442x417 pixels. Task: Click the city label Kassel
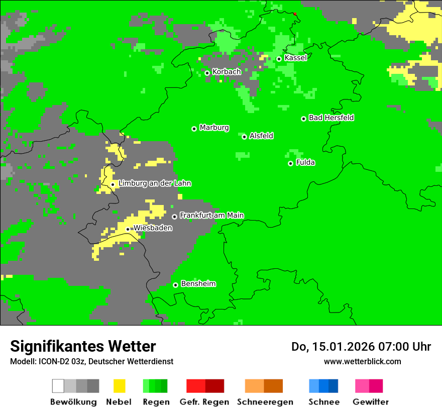[295, 58]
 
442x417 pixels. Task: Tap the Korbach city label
[227, 72]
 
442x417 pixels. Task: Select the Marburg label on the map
[214, 128]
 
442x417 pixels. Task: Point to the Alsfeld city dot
[244, 137]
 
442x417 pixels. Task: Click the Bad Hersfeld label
[331, 118]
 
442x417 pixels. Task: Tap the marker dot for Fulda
[290, 163]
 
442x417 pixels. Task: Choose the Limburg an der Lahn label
[154, 183]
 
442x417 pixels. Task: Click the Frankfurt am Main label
[211, 216]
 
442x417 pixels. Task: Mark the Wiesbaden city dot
[128, 229]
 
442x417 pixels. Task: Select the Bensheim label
[198, 284]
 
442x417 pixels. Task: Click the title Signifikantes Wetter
[83, 347]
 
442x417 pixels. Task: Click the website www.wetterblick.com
[362, 361]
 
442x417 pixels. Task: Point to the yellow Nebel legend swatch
[119, 386]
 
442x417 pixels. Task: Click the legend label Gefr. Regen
[204, 402]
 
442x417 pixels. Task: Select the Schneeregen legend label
[265, 402]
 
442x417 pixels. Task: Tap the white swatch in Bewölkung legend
[58, 386]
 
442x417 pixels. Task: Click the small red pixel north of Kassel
[295, 14]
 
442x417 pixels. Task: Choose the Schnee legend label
[323, 402]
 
